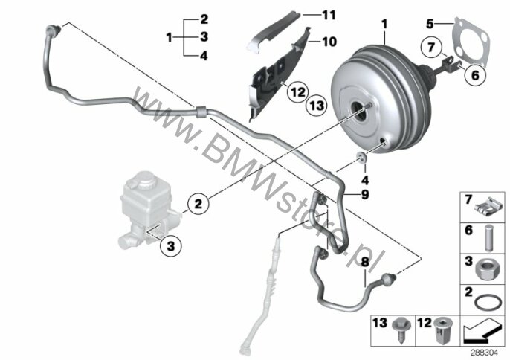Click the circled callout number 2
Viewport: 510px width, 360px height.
coord(198,204)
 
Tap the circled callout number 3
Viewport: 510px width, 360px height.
coord(171,246)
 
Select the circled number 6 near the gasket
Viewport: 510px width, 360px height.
coord(475,75)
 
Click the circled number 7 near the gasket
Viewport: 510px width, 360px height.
coord(431,48)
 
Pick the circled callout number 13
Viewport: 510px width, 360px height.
coord(317,106)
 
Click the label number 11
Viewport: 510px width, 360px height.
coord(329,15)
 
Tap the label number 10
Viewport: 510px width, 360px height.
coord(329,42)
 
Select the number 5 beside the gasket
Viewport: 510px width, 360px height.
coord(430,24)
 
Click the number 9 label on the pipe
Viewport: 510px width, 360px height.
coord(365,195)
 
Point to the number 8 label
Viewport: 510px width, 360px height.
coord(365,262)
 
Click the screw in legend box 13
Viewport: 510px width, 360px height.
coord(400,330)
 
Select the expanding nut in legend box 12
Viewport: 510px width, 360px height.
coord(442,330)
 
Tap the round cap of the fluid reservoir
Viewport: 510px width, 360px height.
coord(143,181)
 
